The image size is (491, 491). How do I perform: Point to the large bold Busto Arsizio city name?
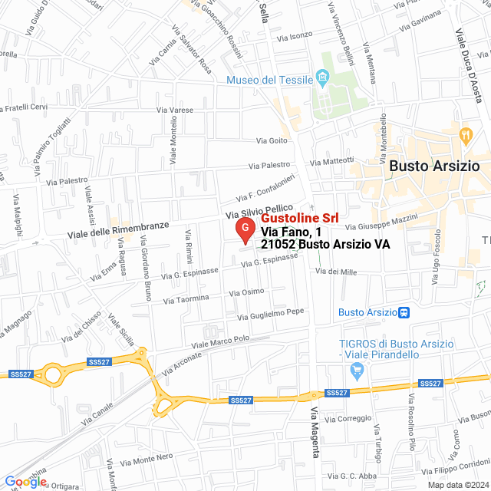point(434,166)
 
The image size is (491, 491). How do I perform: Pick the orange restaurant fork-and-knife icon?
point(466,134)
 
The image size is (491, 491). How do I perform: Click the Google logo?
point(25,481)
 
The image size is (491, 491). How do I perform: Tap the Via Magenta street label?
point(314,433)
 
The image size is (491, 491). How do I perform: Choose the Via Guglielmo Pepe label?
point(271,314)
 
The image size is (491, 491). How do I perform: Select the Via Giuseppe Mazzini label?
point(381,222)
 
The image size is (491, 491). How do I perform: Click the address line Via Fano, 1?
point(291,232)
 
